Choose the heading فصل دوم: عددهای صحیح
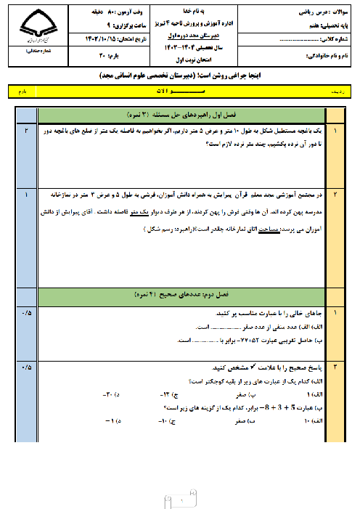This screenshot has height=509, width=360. (x=181, y=295)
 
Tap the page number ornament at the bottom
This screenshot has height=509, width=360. (x=180, y=499)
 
